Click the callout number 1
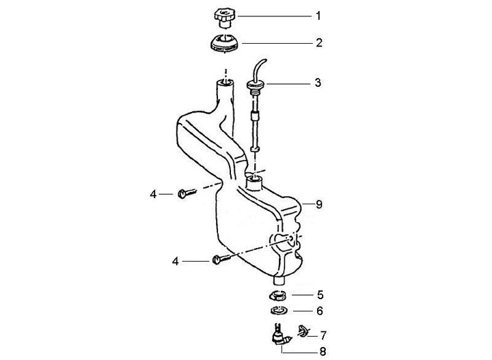(x=317, y=14)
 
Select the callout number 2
(x=318, y=42)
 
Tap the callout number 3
(x=318, y=83)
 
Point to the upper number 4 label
(x=154, y=195)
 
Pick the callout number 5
(x=319, y=295)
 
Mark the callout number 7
(x=323, y=335)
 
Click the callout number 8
(x=319, y=204)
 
